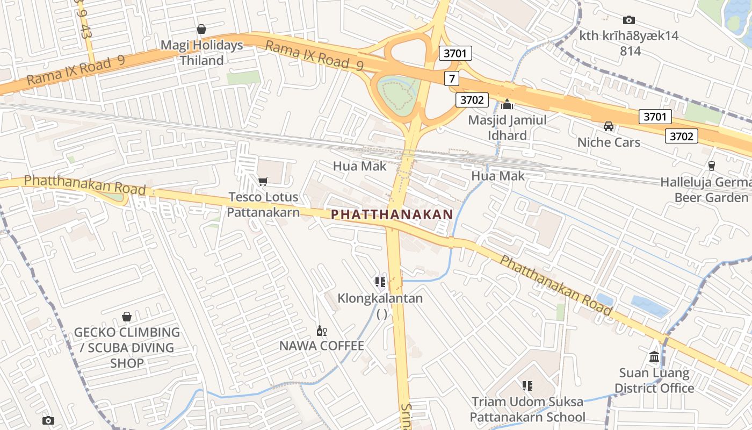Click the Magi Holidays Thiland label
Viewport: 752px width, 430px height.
point(201,53)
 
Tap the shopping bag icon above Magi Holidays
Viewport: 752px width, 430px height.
point(201,29)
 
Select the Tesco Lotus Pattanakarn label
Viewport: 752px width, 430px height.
point(263,204)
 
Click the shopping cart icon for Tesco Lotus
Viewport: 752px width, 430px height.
point(263,181)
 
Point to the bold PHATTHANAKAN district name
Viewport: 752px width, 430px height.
point(392,214)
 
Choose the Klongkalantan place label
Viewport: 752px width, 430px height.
point(380,298)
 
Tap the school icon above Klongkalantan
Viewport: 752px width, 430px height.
point(380,282)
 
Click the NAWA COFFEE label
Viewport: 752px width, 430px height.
point(322,346)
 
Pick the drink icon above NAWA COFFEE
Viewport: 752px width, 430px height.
point(322,331)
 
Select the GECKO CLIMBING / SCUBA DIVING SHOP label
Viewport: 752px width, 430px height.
point(127,347)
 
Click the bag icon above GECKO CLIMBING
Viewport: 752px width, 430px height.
point(127,317)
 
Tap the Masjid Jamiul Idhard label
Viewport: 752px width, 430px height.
point(507,127)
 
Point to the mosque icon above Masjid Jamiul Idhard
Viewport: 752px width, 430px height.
point(507,104)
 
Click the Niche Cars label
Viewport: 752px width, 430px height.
point(609,142)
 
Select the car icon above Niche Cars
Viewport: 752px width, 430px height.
point(609,126)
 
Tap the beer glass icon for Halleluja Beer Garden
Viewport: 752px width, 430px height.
point(712,166)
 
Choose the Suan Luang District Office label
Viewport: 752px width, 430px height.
point(654,380)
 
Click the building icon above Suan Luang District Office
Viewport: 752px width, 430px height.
point(654,356)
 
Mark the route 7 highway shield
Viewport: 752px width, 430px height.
point(452,79)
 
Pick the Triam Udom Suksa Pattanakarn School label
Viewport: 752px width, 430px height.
point(527,409)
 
